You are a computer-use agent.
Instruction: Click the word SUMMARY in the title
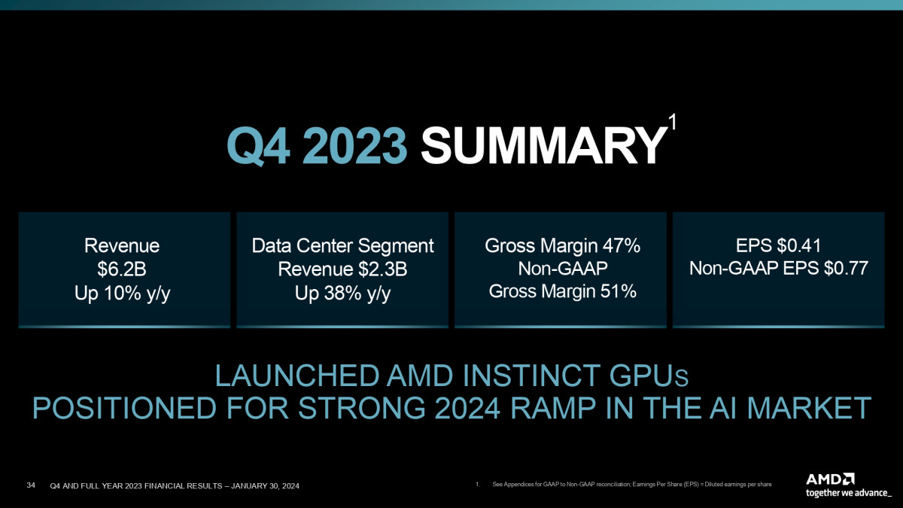[543, 145]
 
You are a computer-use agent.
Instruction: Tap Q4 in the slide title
[258, 146]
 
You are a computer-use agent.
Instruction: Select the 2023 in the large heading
[354, 145]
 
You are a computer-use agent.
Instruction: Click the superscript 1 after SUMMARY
[671, 121]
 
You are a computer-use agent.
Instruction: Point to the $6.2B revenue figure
[121, 269]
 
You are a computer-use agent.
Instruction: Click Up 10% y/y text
[122, 293]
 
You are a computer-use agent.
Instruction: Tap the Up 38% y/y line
[342, 293]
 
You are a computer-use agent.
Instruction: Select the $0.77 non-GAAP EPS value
[846, 268]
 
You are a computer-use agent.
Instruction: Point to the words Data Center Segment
[342, 245]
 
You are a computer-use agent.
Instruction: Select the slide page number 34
[31, 485]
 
